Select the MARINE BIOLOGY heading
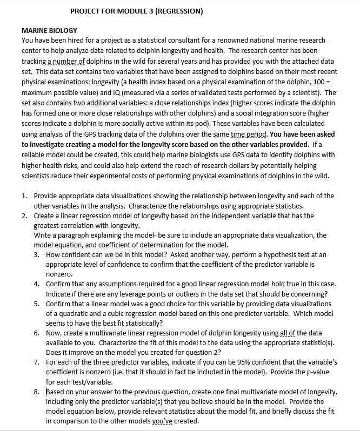point(49,30)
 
